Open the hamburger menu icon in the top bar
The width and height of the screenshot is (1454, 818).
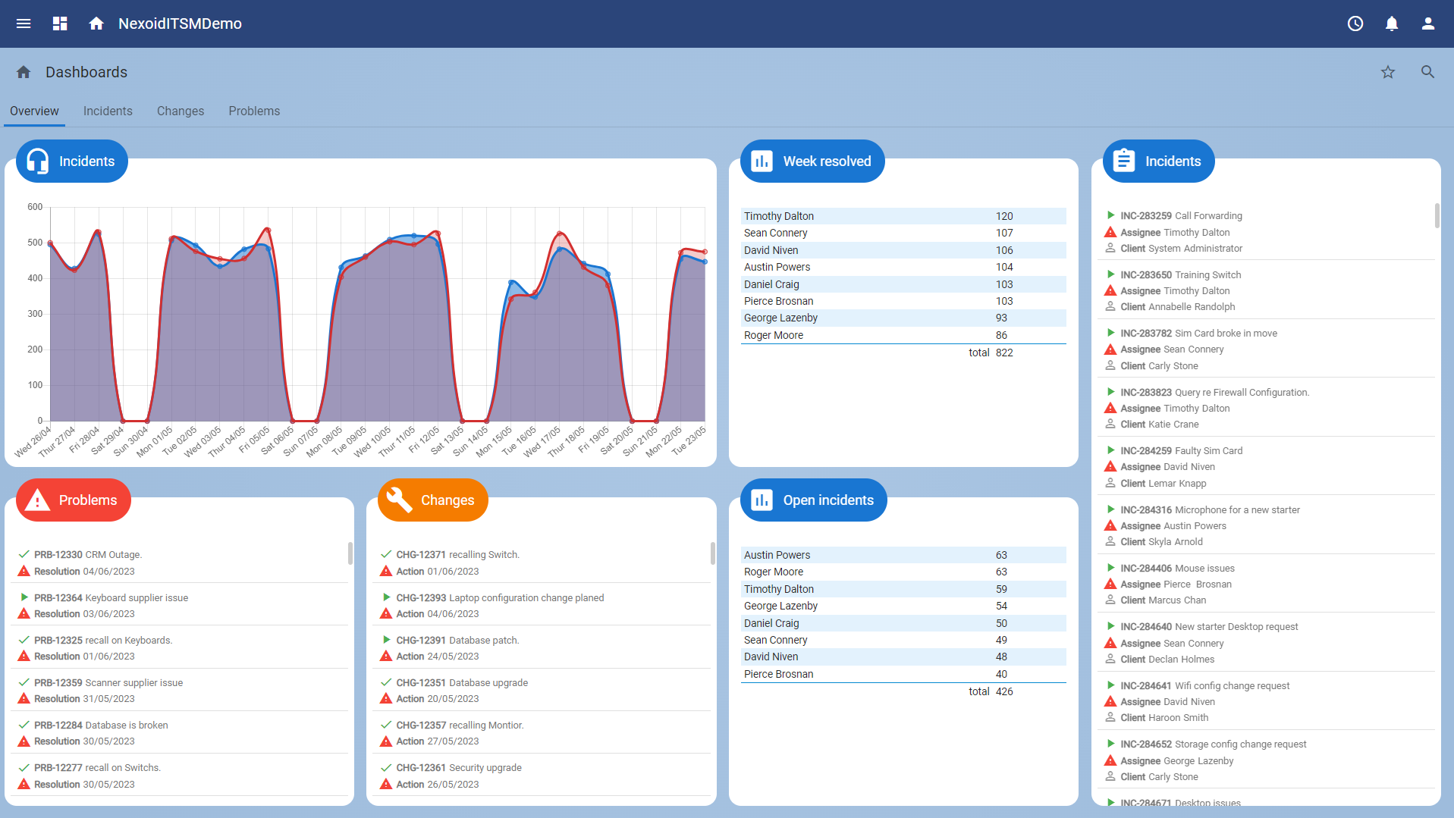tap(24, 24)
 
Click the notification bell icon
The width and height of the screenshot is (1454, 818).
tap(1391, 24)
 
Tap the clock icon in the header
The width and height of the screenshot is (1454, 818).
tap(1355, 24)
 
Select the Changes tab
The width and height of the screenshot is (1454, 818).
tap(181, 111)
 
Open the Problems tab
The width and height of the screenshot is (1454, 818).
tap(254, 111)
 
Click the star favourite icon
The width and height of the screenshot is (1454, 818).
tap(1387, 72)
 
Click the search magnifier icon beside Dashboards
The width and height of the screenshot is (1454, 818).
tap(1427, 72)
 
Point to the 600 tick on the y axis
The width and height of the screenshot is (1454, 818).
tap(35, 207)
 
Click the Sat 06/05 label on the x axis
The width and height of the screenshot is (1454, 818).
tap(277, 440)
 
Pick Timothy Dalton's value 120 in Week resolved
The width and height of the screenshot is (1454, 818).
tap(1004, 216)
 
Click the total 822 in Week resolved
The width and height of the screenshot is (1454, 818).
tap(1003, 353)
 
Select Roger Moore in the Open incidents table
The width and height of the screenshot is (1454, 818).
tap(773, 572)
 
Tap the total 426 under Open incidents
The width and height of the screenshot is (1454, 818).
tap(1003, 691)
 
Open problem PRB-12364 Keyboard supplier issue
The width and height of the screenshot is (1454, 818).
tap(111, 597)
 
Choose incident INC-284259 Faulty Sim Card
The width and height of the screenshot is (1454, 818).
tap(1181, 450)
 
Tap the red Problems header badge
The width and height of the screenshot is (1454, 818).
tap(73, 500)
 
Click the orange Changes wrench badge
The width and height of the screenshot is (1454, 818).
tap(432, 500)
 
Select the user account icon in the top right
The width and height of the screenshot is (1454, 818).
tap(1427, 24)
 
